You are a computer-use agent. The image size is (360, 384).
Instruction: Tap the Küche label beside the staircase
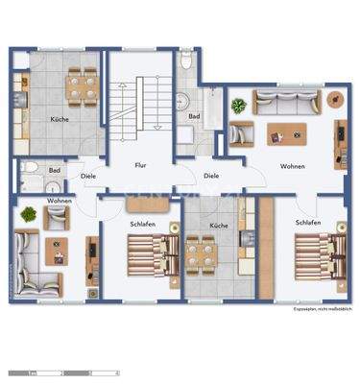[60, 119]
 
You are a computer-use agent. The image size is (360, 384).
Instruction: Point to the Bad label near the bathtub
[193, 116]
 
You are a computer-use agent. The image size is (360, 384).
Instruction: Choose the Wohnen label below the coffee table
[292, 166]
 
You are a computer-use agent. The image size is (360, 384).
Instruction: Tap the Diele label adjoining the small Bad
[88, 176]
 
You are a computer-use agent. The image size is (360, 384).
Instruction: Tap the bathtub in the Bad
[203, 98]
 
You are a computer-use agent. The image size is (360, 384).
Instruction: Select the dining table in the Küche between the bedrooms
[202, 255]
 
